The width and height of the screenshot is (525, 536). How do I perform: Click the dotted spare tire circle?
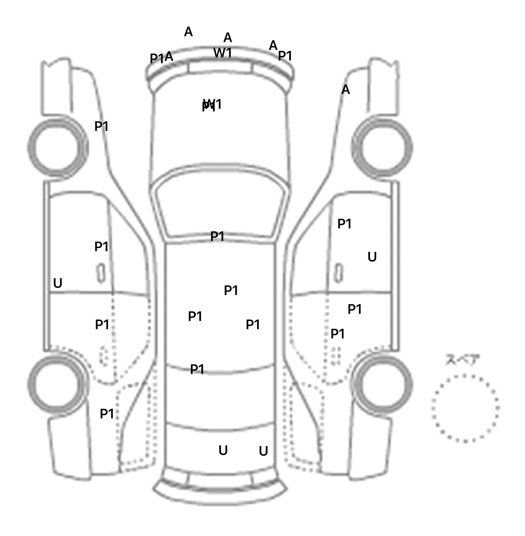pyautogui.click(x=465, y=408)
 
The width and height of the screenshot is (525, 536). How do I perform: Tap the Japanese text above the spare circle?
pyautogui.click(x=458, y=360)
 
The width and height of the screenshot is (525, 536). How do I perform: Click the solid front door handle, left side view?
pyautogui.click(x=101, y=273)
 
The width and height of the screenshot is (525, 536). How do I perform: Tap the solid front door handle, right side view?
pyautogui.click(x=339, y=273)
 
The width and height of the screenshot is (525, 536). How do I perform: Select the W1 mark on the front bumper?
pyautogui.click(x=223, y=53)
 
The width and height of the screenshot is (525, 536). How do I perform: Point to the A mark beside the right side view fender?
pyautogui.click(x=346, y=90)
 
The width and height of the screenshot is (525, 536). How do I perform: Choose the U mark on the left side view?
pyautogui.click(x=58, y=283)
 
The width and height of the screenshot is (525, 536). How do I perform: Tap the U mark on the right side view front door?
pyautogui.click(x=372, y=257)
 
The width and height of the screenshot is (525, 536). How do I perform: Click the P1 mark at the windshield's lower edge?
pyautogui.click(x=217, y=236)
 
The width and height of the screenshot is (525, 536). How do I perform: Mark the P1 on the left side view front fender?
pyautogui.click(x=101, y=126)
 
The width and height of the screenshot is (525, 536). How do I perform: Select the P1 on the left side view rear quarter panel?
pyautogui.click(x=107, y=414)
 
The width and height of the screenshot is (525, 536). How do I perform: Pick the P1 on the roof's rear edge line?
pyautogui.click(x=197, y=369)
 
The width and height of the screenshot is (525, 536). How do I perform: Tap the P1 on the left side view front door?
pyautogui.click(x=101, y=246)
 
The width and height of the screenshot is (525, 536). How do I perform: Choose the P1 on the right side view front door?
pyautogui.click(x=345, y=224)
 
